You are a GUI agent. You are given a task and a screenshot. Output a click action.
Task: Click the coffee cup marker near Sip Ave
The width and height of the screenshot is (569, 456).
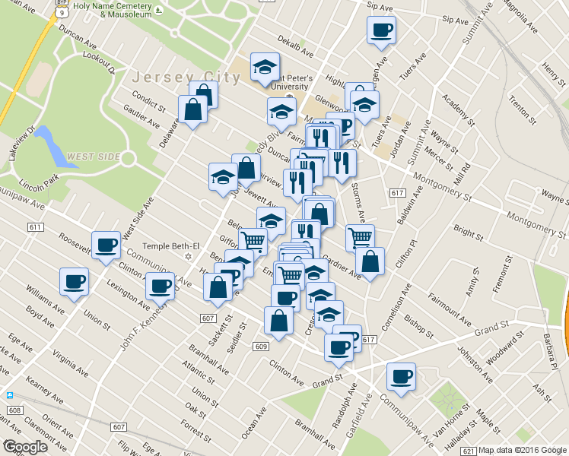click(x=381, y=31)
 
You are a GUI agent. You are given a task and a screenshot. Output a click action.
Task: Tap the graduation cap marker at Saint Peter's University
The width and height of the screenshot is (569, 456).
click(x=265, y=68)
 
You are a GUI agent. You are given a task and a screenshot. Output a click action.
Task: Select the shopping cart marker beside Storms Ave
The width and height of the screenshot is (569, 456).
click(x=360, y=237)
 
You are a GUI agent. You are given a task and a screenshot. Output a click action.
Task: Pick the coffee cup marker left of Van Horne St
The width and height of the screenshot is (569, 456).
click(x=401, y=376)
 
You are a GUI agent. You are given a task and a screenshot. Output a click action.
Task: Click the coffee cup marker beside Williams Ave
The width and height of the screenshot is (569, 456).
click(x=75, y=282)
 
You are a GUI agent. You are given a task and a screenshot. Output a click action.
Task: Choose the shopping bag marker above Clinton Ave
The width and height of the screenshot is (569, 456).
click(x=278, y=321)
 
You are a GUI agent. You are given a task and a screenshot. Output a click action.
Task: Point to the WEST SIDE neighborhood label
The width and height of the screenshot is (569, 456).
click(x=94, y=157)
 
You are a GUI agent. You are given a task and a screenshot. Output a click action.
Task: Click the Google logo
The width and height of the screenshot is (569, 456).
click(x=25, y=447)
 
